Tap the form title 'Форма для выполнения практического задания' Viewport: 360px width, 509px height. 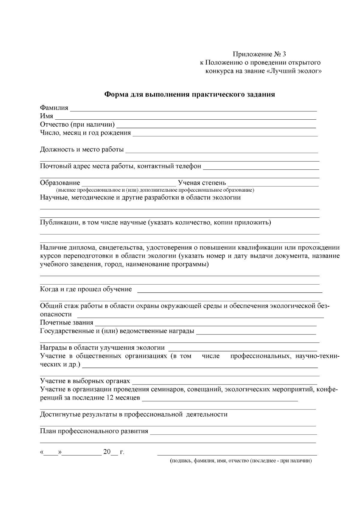(189, 95)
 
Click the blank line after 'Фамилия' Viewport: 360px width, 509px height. (193, 110)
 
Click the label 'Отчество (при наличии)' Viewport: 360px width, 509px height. (77, 124)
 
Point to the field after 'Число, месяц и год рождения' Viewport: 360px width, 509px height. (225, 135)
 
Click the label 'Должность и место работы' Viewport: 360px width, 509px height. (82, 149)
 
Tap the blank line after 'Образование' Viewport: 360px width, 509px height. (129, 185)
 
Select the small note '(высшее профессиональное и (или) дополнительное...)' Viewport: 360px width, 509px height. (155, 190)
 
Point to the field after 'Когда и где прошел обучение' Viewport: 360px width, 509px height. (229, 291)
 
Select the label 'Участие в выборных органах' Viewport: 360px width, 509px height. (85, 381)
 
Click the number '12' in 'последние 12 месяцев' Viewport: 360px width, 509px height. (110, 398)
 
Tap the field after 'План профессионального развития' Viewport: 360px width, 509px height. (233, 433)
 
